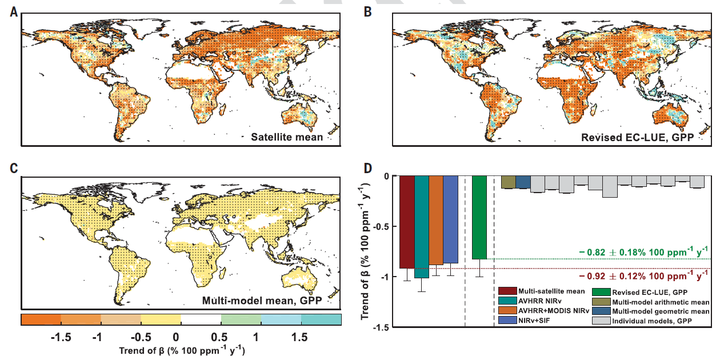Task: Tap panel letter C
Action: coord(14,168)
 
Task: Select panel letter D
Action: coord(369,168)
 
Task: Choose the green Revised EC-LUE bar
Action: coord(479,217)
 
